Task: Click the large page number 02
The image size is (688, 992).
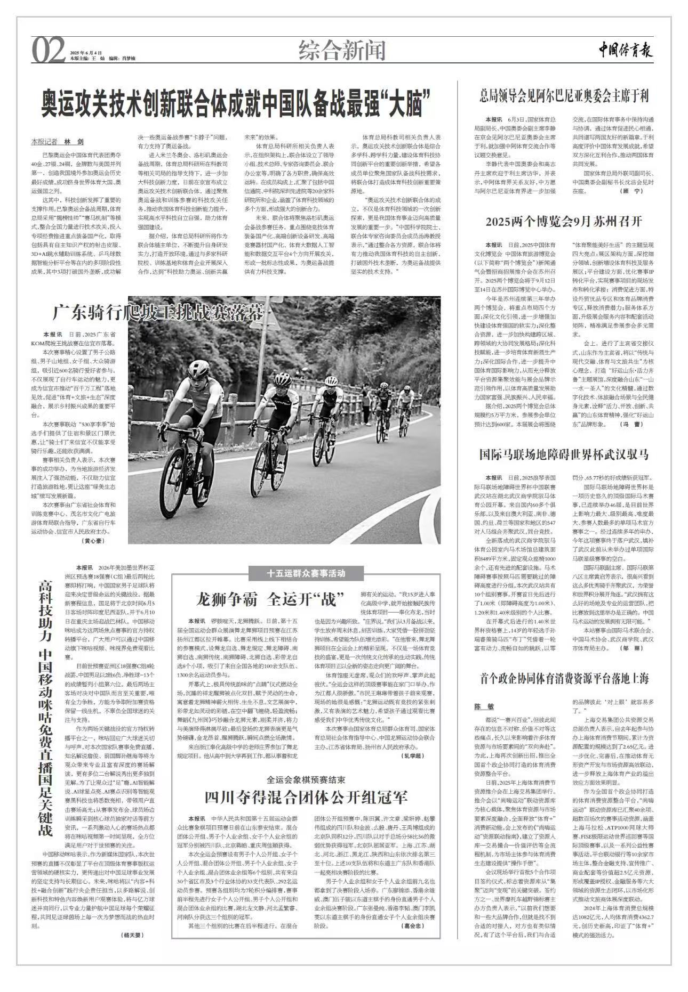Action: pyautogui.click(x=50, y=51)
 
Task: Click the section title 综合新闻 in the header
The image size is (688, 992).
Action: pyautogui.click(x=342, y=51)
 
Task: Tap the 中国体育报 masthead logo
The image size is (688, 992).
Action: pyautogui.click(x=625, y=51)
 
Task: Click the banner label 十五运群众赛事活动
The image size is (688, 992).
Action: pyautogui.click(x=306, y=574)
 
